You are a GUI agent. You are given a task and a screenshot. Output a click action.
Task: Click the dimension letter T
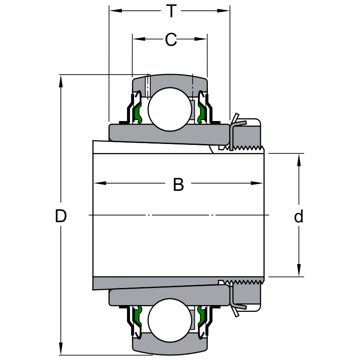click(x=171, y=11)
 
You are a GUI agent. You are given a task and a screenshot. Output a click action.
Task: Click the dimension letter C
click(x=170, y=40)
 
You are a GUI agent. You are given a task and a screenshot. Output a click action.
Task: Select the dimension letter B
click(x=179, y=184)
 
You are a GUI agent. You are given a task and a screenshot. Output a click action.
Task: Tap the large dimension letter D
click(x=61, y=216)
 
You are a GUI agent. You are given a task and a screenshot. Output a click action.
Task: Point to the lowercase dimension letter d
click(x=299, y=217)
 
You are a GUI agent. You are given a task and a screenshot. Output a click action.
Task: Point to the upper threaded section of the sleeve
click(x=246, y=147)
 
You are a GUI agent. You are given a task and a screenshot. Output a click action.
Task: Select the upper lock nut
click(x=247, y=133)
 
